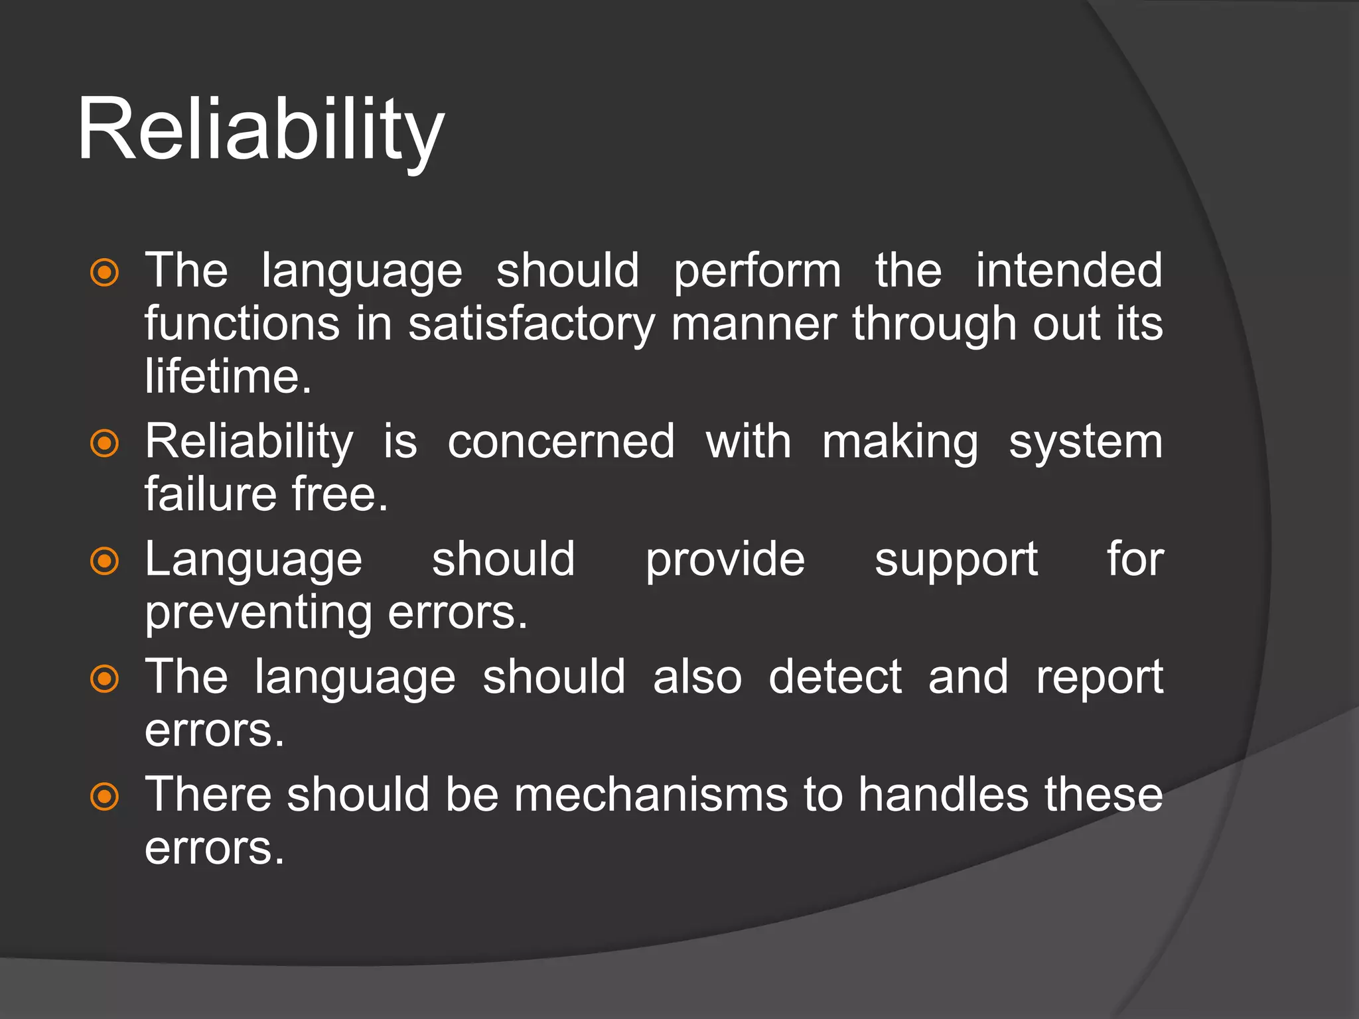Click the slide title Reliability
pos(260,130)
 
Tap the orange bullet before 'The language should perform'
pos(104,273)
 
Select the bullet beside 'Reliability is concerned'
pos(104,443)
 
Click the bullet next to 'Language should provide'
pos(104,561)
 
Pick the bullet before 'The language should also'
pos(104,679)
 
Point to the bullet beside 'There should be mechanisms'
pos(104,796)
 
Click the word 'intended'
pos(1068,271)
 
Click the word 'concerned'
pos(561,442)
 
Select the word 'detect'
pos(835,677)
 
